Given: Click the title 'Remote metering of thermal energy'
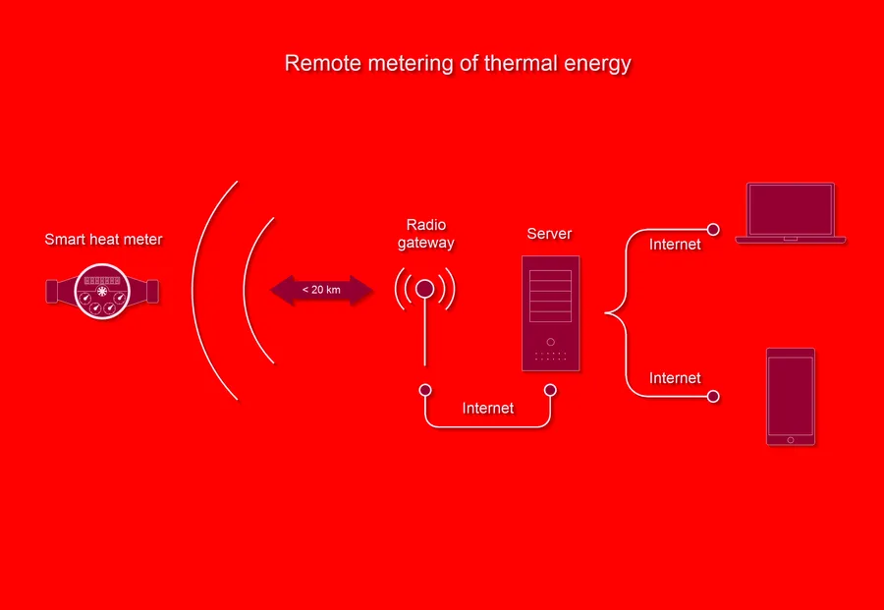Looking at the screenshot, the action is click(458, 63).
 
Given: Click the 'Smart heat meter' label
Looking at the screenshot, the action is click(103, 239).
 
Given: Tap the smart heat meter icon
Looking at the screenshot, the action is click(102, 292).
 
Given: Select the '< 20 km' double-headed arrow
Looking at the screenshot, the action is click(321, 291).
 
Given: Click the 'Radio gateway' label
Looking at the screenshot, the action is click(425, 234).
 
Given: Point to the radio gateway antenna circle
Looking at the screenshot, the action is click(424, 289).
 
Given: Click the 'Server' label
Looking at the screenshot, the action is click(549, 234).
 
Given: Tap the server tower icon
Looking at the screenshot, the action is click(550, 313).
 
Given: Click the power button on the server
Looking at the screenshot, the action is click(550, 342).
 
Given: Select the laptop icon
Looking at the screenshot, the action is click(791, 213).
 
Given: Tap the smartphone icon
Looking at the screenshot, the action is click(791, 397).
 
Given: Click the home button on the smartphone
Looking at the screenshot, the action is click(791, 440).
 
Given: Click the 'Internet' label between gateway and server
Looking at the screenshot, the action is click(487, 409).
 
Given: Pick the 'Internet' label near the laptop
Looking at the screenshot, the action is click(675, 245).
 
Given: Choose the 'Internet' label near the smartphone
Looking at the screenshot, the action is click(675, 378).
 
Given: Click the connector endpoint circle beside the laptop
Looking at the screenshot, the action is click(713, 230).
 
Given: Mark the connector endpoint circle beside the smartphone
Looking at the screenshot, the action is click(713, 396).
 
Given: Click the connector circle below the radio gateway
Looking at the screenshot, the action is click(425, 390).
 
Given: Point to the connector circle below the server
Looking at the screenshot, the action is click(550, 390).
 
